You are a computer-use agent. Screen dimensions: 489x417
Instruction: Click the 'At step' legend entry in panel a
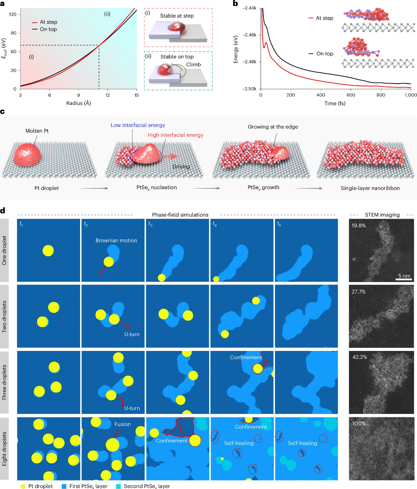(48, 22)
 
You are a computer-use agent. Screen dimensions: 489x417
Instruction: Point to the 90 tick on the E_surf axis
(13, 33)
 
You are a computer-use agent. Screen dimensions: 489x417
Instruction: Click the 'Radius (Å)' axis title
(78, 103)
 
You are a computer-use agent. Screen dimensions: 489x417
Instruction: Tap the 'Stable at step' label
(177, 16)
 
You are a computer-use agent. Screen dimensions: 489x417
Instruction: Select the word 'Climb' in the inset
(193, 65)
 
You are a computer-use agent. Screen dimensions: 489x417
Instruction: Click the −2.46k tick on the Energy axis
(250, 35)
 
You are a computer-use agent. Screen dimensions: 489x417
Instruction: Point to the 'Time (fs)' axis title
(335, 103)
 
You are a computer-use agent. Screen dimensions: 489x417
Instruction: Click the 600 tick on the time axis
(351, 95)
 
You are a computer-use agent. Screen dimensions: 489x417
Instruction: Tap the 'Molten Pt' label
(37, 131)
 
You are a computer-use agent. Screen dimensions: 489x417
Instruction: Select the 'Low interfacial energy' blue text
(138, 125)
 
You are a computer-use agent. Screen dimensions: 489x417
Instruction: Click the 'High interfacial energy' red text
(175, 135)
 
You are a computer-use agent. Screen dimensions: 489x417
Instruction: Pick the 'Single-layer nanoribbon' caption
(370, 188)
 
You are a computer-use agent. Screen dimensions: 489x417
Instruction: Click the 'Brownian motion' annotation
(116, 240)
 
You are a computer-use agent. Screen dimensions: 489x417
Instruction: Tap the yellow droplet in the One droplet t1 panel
(48, 251)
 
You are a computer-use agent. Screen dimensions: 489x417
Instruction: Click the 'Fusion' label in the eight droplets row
(122, 424)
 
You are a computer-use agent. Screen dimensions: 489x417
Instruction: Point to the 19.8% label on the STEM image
(359, 226)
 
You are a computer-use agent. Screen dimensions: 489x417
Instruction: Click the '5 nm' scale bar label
(404, 276)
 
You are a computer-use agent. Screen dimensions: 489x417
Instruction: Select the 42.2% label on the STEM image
(360, 357)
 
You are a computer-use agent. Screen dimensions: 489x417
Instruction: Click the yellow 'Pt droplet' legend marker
(23, 486)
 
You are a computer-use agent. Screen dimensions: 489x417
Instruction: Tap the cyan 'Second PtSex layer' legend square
(119, 486)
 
